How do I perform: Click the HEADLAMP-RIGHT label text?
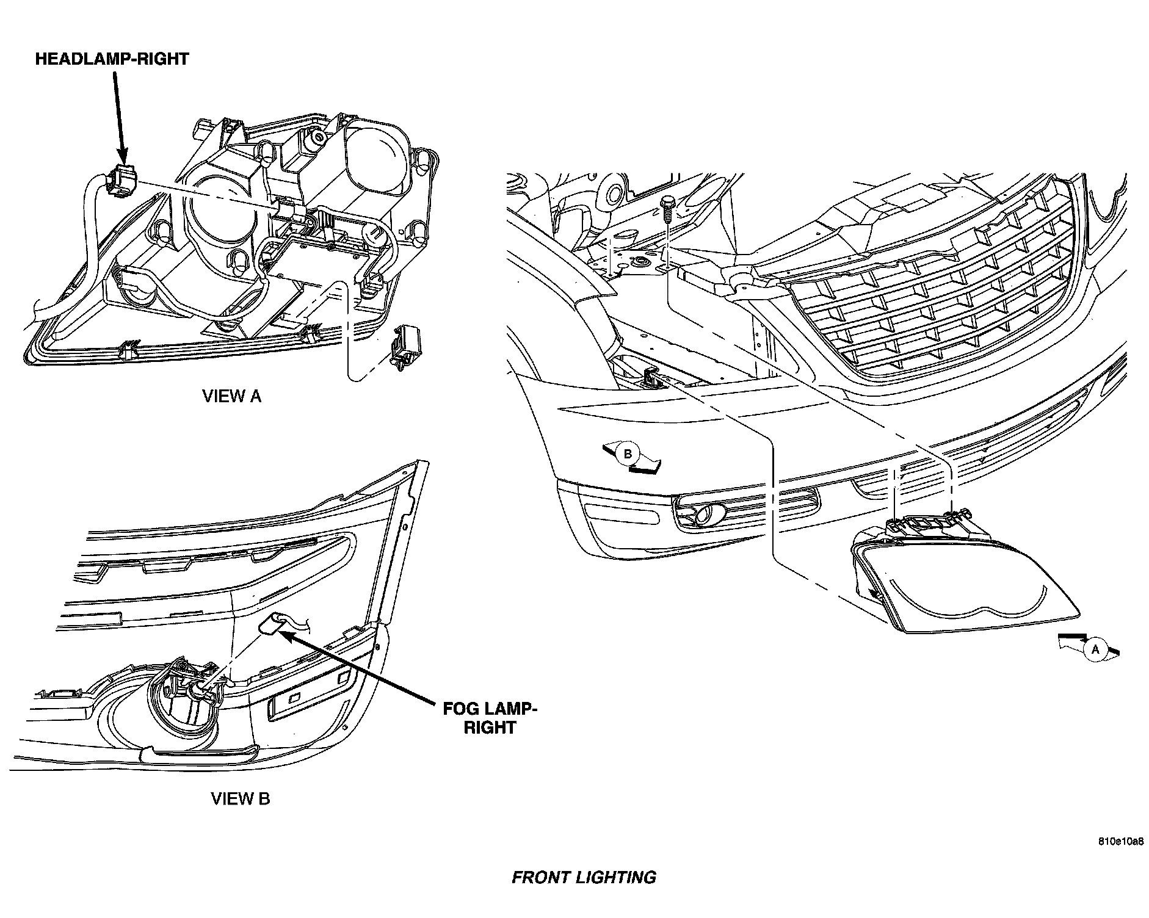pos(112,59)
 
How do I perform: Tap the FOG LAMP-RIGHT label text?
pos(490,718)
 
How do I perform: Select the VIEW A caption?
pos(231,396)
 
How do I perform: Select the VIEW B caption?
pos(240,798)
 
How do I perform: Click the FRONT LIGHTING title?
pos(583,877)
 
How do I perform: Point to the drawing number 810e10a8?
pos(1120,842)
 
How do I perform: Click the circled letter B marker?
pos(627,454)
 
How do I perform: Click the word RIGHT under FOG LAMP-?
pos(490,728)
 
